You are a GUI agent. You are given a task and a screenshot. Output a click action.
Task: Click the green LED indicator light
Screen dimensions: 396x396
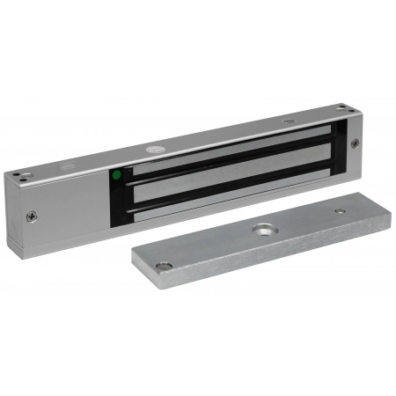point(116,174)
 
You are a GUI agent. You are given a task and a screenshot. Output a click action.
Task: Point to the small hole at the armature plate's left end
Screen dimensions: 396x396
point(161,265)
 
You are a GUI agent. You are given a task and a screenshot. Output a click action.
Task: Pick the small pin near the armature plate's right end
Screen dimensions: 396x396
point(340,211)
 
